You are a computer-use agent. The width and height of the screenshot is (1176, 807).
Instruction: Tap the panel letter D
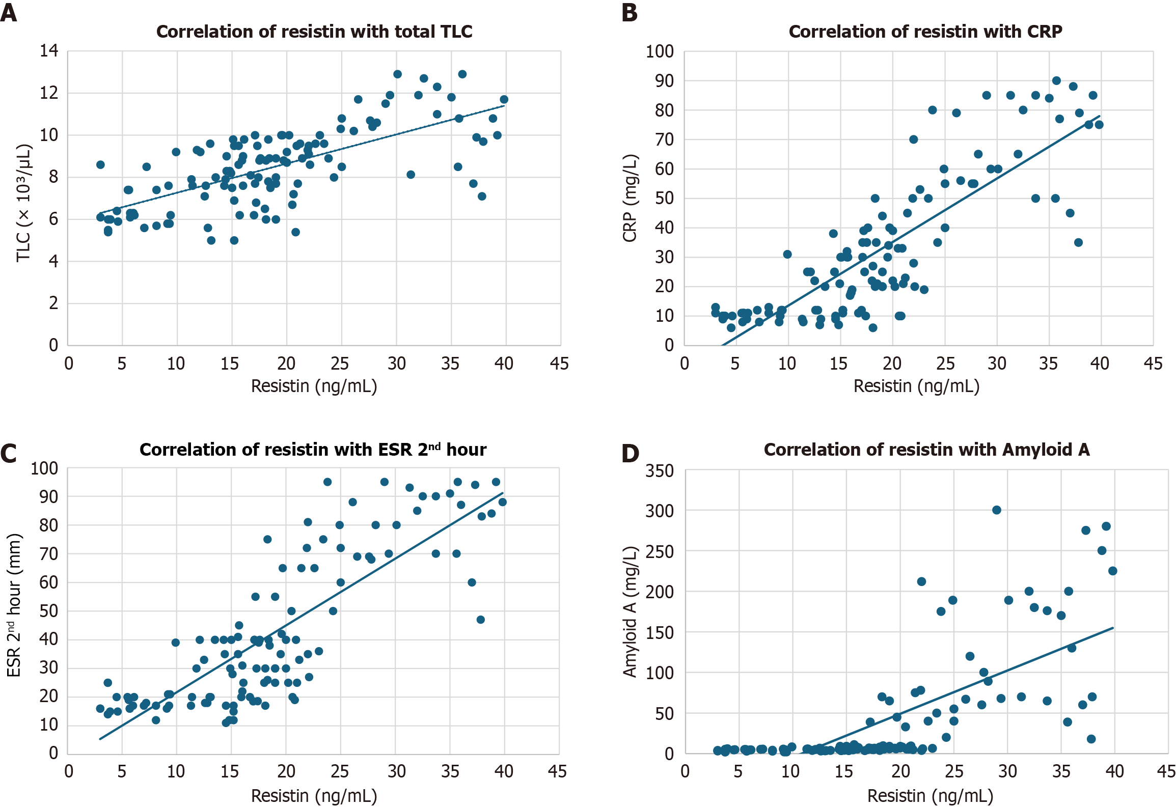point(630,453)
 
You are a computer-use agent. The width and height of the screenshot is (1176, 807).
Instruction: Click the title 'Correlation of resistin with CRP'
point(925,32)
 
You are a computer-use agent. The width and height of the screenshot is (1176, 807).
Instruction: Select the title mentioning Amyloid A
point(926,450)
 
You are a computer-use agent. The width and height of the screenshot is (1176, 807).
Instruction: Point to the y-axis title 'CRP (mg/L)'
point(630,198)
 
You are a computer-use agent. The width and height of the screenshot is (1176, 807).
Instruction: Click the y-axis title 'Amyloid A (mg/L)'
point(630,611)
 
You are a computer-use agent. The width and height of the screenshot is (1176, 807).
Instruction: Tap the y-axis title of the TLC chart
point(24,203)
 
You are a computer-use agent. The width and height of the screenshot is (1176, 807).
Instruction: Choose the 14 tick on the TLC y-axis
point(49,50)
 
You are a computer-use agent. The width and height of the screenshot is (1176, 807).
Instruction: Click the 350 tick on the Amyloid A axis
point(660,470)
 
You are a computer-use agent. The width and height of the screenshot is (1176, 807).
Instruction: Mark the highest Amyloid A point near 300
point(997,510)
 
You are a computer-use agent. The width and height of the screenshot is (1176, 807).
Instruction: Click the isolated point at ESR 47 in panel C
point(480,620)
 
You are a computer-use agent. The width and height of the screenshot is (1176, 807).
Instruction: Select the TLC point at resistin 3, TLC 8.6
point(100,164)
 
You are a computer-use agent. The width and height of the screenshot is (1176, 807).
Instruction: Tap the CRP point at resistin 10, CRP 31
point(787,254)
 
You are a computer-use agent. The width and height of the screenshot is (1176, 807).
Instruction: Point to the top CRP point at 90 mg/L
point(1056,80)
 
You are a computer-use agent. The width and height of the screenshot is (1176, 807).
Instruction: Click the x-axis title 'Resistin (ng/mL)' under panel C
point(314,795)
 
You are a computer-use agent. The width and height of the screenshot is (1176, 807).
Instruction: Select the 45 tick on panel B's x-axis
point(1153,364)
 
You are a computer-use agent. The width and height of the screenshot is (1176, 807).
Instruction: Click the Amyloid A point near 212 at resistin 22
point(921,581)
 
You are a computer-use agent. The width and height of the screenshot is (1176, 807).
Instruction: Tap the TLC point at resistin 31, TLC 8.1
point(411,175)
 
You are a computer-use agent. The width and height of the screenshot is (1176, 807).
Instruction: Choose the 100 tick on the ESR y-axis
point(44,468)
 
